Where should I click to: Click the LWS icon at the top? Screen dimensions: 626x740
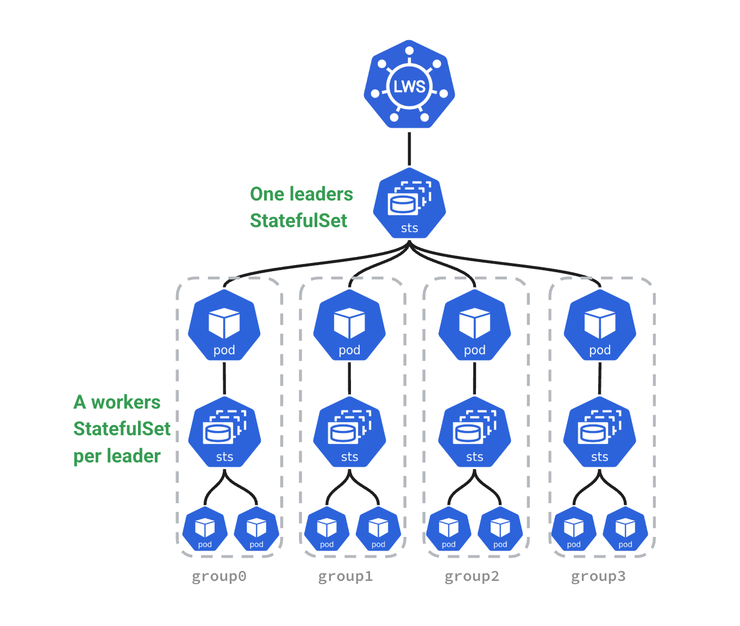[409, 85]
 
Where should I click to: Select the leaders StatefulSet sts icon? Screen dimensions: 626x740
[409, 204]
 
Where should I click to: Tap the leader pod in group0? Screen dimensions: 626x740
[224, 325]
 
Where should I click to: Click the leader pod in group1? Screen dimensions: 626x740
[349, 325]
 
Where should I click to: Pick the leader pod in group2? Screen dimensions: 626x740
[474, 325]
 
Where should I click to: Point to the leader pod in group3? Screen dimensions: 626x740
[600, 325]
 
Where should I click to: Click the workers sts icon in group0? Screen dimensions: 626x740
[224, 433]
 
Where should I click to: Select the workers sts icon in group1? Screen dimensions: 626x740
[349, 433]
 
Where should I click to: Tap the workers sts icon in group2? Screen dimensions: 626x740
[474, 433]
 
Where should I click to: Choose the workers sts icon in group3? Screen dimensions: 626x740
[599, 433]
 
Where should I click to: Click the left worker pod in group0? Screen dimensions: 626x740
[205, 529]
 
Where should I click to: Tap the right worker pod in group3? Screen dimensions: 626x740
[625, 529]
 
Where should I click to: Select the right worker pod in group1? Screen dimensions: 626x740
[378, 529]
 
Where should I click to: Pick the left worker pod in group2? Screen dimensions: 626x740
[448, 529]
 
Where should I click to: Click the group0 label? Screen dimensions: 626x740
[219, 576]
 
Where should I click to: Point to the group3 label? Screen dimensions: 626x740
[598, 576]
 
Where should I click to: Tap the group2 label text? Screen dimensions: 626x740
[472, 576]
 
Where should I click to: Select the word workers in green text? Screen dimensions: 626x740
[126, 402]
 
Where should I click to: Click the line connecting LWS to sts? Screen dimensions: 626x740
[409, 148]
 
